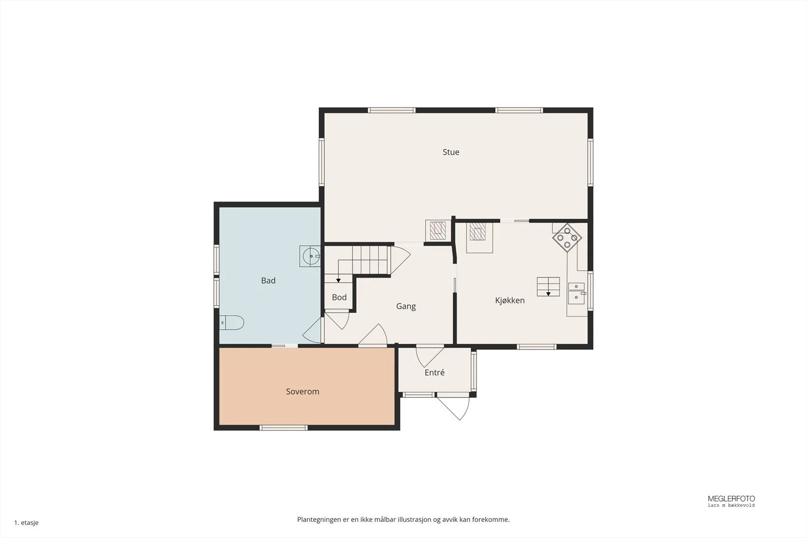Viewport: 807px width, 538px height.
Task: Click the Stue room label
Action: point(451,152)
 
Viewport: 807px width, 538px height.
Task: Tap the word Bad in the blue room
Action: point(268,280)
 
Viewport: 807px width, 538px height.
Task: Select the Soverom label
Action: point(303,391)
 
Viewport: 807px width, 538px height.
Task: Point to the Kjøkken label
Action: point(510,301)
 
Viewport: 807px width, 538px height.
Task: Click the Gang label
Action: point(406,307)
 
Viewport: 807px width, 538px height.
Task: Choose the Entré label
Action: point(434,372)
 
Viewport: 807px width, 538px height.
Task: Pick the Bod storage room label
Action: point(339,297)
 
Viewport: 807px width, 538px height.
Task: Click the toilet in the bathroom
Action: point(232,323)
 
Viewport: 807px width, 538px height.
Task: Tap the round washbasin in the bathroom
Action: point(311,257)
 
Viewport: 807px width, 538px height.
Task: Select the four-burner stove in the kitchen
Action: point(567,237)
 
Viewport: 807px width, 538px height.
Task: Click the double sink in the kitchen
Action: point(577,293)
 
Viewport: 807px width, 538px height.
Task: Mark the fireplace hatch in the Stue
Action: point(438,230)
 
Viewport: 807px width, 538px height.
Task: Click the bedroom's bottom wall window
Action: point(283,428)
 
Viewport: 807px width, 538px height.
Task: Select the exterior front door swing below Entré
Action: point(453,407)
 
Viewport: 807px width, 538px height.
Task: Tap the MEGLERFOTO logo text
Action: point(731,499)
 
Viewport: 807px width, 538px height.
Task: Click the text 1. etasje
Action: point(26,522)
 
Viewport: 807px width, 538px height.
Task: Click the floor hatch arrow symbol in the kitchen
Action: point(548,294)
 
